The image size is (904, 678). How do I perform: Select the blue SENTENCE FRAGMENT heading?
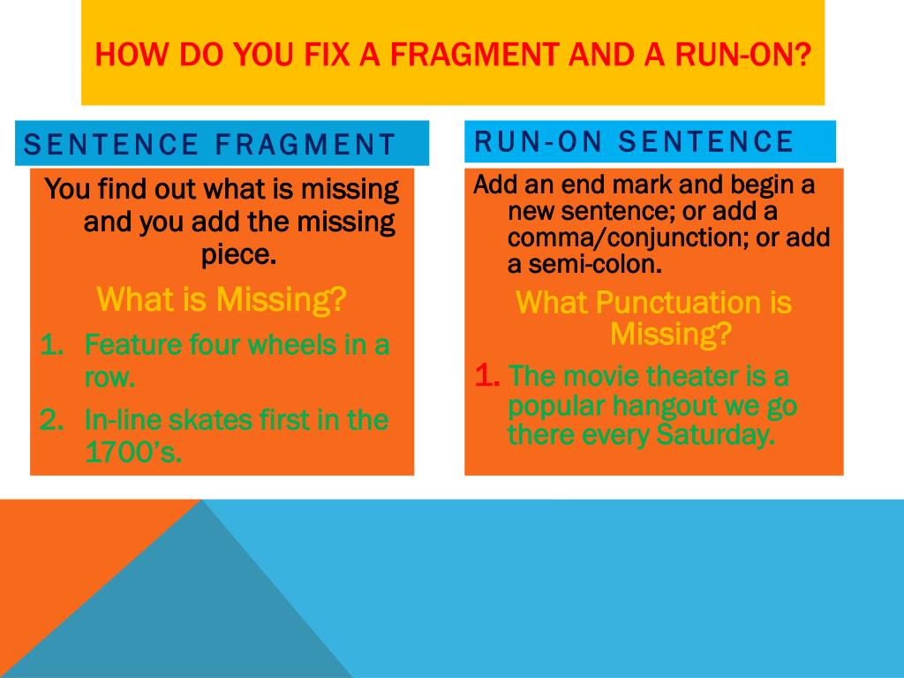[x=209, y=144]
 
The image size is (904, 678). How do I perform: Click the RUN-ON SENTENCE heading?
[x=634, y=141]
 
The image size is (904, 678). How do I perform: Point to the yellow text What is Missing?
[x=221, y=300]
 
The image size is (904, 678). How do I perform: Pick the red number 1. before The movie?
[x=487, y=376]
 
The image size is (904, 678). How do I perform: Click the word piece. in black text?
[x=238, y=255]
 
